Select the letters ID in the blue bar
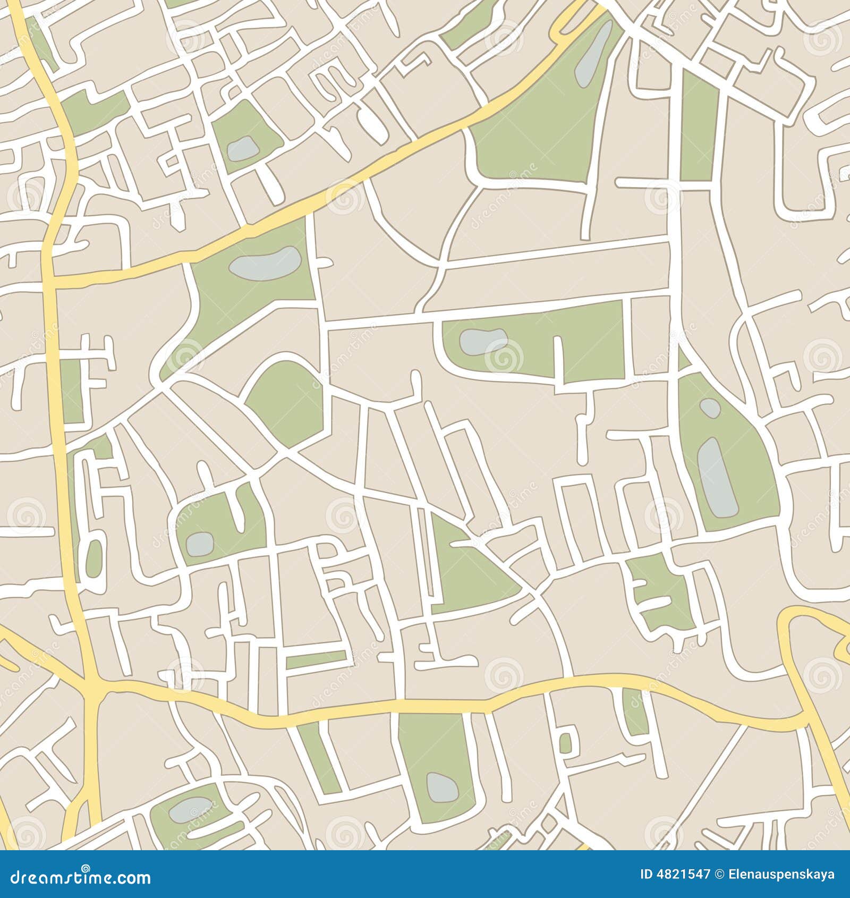coord(647,875)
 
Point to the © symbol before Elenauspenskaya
coord(721,875)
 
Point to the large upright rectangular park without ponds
coord(699,128)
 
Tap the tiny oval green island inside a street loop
coord(94,558)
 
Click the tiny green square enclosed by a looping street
coord(566,743)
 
